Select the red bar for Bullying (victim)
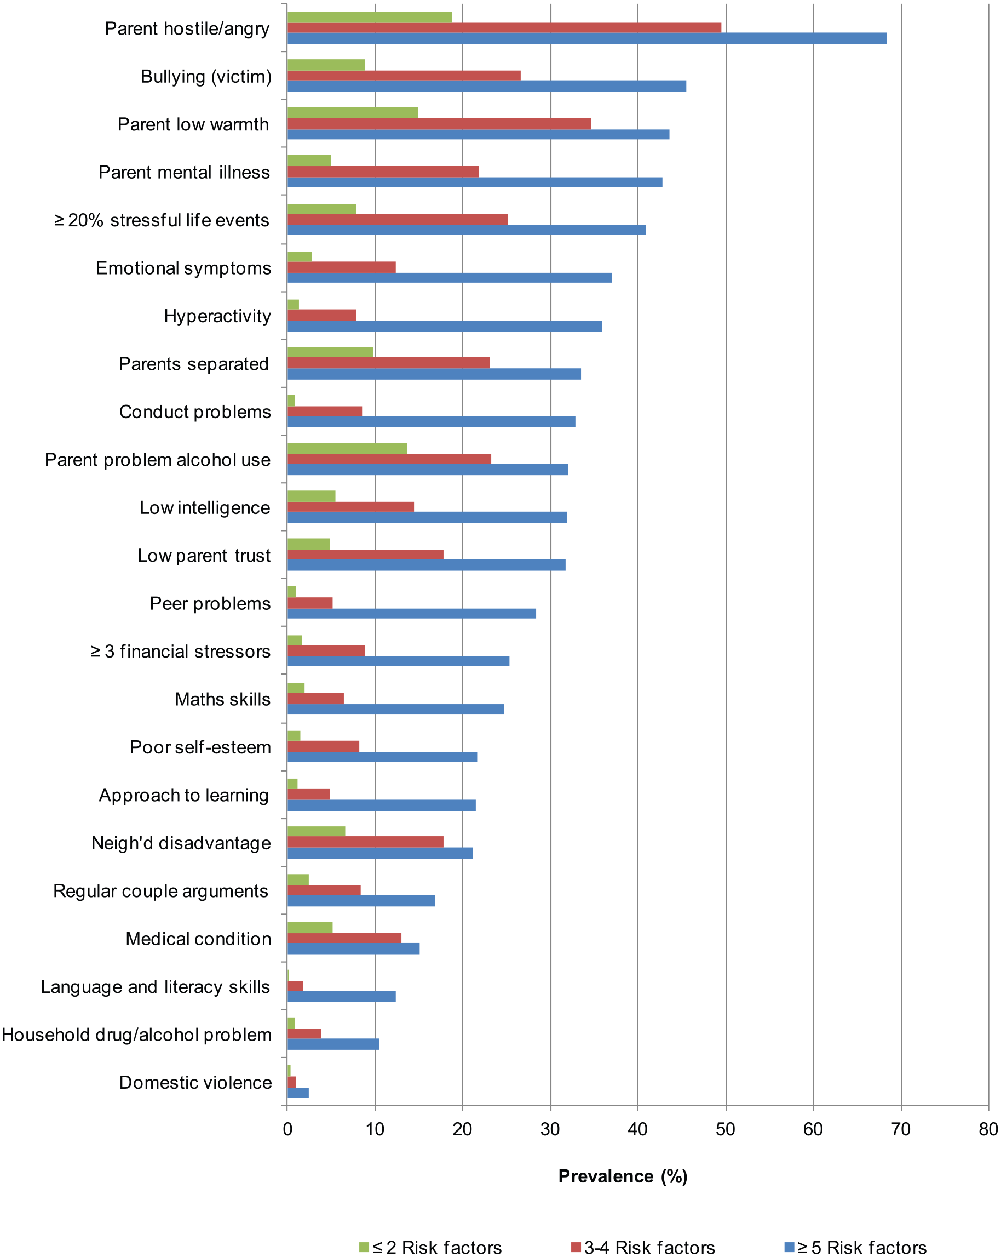[x=404, y=76]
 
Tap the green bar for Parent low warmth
[x=353, y=112]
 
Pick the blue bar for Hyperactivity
[x=445, y=326]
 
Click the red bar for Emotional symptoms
[x=342, y=267]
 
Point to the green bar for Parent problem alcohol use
[x=347, y=448]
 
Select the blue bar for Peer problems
[x=411, y=613]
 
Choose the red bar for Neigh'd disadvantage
[x=365, y=842]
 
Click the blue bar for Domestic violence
[x=298, y=1092]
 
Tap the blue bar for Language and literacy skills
[x=342, y=996]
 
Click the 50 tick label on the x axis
[x=726, y=1129]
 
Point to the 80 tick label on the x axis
[x=988, y=1129]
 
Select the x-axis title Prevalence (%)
[x=623, y=1176]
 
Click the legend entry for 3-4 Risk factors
[x=643, y=1247]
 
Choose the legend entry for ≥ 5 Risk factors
[x=855, y=1247]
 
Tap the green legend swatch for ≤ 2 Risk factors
[x=364, y=1247]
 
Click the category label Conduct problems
[x=195, y=412]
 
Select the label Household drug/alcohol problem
[x=137, y=1035]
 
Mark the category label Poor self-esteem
[x=200, y=747]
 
